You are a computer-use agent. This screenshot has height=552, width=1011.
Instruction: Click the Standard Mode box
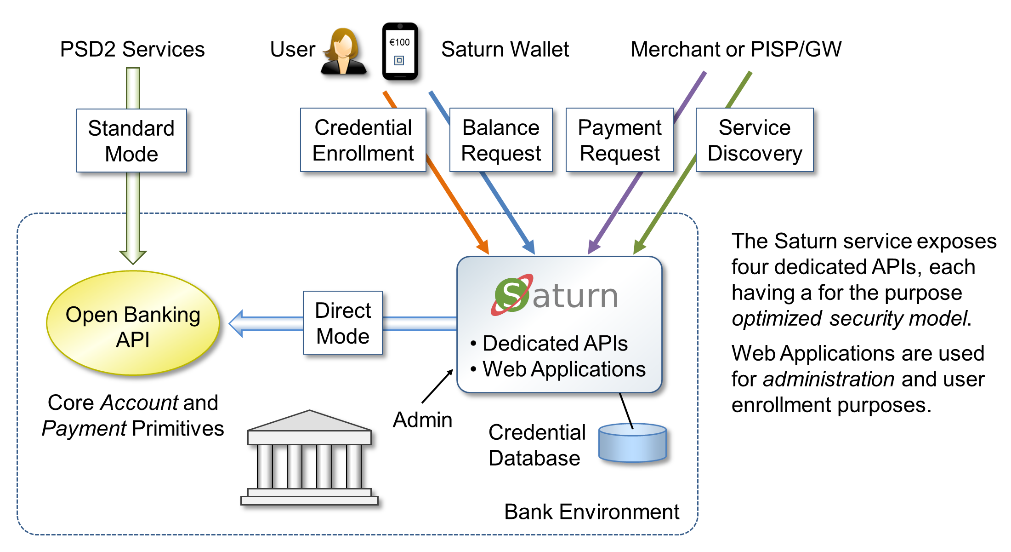(x=131, y=141)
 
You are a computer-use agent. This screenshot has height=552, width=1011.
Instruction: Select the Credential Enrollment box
(x=363, y=140)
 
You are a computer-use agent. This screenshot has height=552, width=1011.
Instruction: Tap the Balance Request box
(x=501, y=140)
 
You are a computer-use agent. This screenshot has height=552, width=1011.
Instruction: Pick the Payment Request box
(x=619, y=140)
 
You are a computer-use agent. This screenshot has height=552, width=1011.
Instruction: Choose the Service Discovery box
(x=755, y=140)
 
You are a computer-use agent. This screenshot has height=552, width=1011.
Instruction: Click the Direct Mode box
(x=343, y=323)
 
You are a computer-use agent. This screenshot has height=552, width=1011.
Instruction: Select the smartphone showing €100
(x=400, y=51)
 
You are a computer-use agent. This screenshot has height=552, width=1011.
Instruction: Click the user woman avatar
(x=343, y=51)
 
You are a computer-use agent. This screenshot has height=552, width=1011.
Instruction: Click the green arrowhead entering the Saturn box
(x=639, y=247)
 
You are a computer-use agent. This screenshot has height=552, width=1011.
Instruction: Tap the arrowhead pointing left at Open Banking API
(x=237, y=323)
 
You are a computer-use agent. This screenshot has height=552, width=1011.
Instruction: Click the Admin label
(x=422, y=420)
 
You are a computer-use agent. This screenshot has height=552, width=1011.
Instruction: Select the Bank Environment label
(x=591, y=512)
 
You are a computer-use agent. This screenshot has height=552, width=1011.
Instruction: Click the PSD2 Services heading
(x=132, y=49)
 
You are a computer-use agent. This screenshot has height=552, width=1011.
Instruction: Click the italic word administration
(x=829, y=379)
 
